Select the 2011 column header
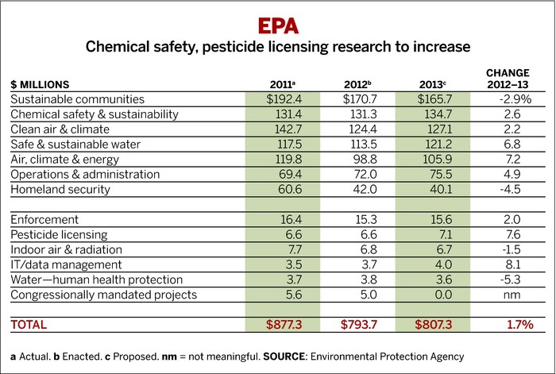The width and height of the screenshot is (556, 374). tap(283, 84)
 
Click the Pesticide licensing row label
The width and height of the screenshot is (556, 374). tap(54, 233)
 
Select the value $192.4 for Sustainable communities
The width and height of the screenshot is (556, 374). tap(283, 99)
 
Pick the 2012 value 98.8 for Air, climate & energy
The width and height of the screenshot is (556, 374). tap(361, 159)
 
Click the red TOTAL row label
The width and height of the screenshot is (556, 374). tap(29, 325)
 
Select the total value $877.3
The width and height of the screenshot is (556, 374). tap(283, 325)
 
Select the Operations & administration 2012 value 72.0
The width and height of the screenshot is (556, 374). tap(361, 174)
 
